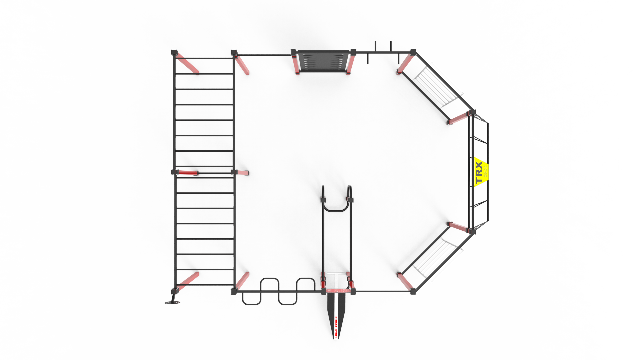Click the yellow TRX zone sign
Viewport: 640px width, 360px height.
480,172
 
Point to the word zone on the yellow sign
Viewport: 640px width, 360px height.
485,171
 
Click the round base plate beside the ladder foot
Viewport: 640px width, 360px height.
172,303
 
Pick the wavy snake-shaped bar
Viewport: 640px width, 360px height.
279,291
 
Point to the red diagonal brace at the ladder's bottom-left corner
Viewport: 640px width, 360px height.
187,281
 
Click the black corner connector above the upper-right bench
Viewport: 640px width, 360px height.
413,52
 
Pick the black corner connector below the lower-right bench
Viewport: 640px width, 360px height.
413,291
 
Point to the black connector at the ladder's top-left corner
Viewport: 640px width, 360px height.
174,52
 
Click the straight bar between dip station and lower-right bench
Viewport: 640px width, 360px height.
383,292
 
